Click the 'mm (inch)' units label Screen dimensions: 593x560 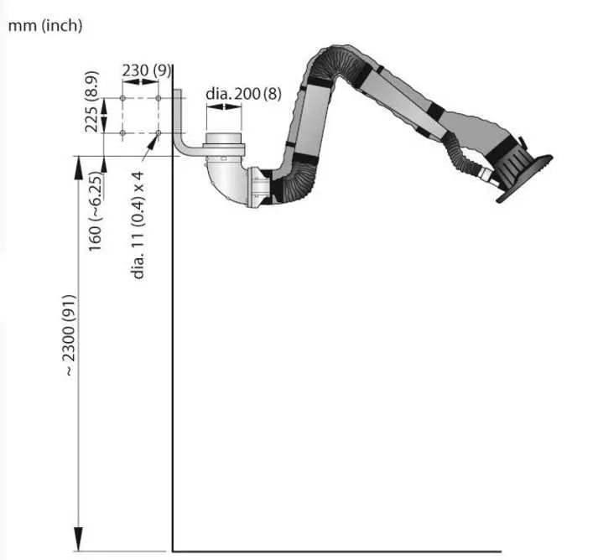click(45, 26)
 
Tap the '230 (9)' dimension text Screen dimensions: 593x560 click(146, 70)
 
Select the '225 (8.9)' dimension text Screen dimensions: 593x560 click(91, 101)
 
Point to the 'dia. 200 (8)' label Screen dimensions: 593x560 click(243, 94)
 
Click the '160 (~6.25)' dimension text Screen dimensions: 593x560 click(95, 211)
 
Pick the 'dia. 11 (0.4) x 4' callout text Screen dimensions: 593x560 click(138, 225)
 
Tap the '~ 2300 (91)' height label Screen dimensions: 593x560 click(69, 335)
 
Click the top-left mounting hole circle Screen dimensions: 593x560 click(122, 98)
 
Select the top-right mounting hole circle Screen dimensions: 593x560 click(159, 98)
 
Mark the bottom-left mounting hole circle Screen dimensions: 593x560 click(122, 133)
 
